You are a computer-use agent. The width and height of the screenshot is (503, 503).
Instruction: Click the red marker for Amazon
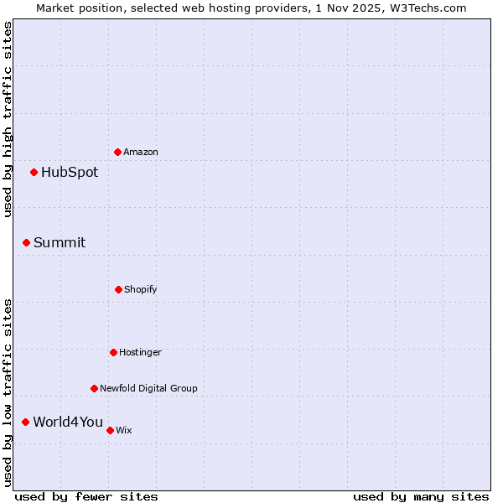click(x=118, y=152)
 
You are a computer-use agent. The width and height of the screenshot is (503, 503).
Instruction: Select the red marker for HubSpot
click(x=34, y=173)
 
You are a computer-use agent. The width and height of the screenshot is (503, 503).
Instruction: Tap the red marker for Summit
click(x=27, y=243)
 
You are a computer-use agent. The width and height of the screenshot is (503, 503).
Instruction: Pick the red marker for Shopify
click(x=119, y=289)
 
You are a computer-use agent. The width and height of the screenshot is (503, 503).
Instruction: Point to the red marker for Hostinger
click(x=114, y=352)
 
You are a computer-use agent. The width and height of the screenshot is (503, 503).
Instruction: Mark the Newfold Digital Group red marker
click(x=95, y=388)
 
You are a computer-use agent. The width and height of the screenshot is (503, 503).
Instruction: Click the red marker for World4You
click(x=26, y=422)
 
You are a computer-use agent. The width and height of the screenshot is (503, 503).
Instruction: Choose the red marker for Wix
click(x=111, y=430)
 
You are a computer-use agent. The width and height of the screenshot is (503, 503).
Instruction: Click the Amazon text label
click(x=141, y=152)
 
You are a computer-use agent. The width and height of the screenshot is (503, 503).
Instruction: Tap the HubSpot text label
click(x=70, y=173)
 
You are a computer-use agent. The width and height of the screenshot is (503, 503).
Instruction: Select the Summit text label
click(x=60, y=243)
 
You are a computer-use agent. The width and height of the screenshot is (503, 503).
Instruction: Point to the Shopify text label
click(x=141, y=289)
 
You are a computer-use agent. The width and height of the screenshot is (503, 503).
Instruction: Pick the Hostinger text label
click(x=140, y=352)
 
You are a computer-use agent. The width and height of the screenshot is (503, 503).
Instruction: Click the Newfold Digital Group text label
click(x=148, y=388)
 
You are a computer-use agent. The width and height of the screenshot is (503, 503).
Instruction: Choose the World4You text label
click(x=68, y=422)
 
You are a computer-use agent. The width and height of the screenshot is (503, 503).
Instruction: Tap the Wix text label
click(x=124, y=430)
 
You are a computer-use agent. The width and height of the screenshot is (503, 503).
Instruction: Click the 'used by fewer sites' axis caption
click(x=86, y=496)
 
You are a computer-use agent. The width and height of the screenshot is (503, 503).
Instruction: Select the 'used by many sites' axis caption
click(x=421, y=496)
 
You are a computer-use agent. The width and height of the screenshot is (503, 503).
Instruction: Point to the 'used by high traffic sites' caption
click(x=8, y=119)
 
